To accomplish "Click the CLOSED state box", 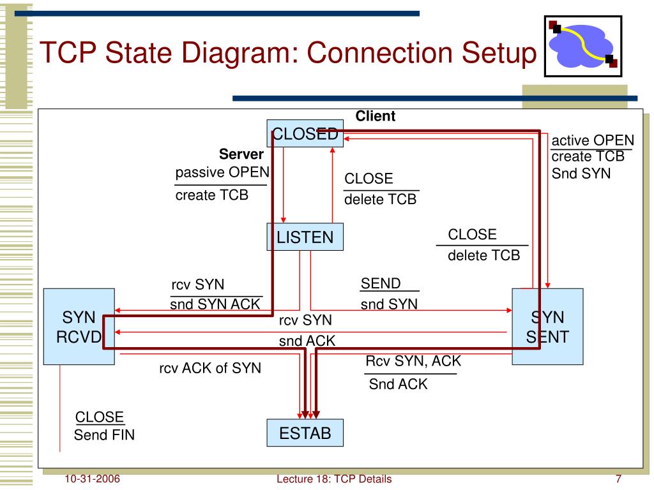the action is click(305, 133).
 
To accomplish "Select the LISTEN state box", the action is click(305, 237).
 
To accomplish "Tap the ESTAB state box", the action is click(305, 433).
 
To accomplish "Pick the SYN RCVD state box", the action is click(79, 327).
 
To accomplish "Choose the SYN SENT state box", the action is click(547, 327).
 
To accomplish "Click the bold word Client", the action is click(375, 116).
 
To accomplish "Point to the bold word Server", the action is click(241, 154).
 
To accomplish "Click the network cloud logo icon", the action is click(583, 46).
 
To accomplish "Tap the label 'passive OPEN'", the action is click(222, 172).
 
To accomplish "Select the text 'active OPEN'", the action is click(593, 140).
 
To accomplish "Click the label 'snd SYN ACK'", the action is click(215, 304).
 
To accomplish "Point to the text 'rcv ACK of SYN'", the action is click(210, 368).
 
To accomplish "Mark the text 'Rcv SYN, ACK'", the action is click(413, 361).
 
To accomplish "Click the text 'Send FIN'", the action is click(104, 435).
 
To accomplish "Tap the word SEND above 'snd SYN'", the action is click(381, 283).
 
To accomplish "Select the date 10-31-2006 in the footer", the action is click(92, 479).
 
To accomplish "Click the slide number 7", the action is click(618, 479).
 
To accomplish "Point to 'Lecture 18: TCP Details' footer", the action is click(334, 479).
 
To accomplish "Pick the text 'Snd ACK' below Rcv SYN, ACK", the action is click(399, 383).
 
